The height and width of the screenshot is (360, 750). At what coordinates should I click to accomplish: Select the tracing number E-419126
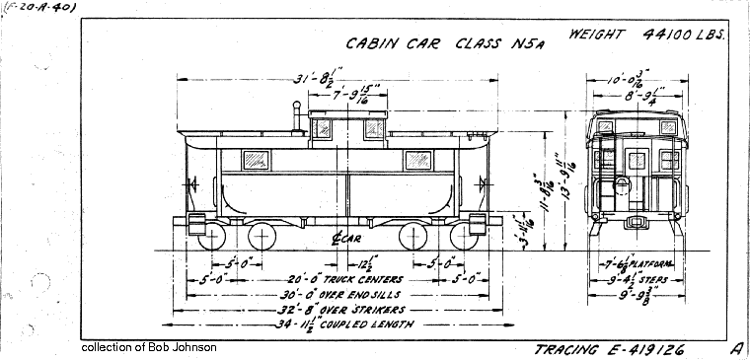(x=610, y=350)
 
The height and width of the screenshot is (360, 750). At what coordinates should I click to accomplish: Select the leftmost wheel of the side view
(x=212, y=237)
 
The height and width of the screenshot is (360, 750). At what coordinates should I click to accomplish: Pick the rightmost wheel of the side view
(x=464, y=237)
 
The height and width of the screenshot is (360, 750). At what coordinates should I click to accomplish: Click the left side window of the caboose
(x=256, y=159)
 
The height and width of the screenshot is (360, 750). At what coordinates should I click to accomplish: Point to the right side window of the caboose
(x=416, y=159)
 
